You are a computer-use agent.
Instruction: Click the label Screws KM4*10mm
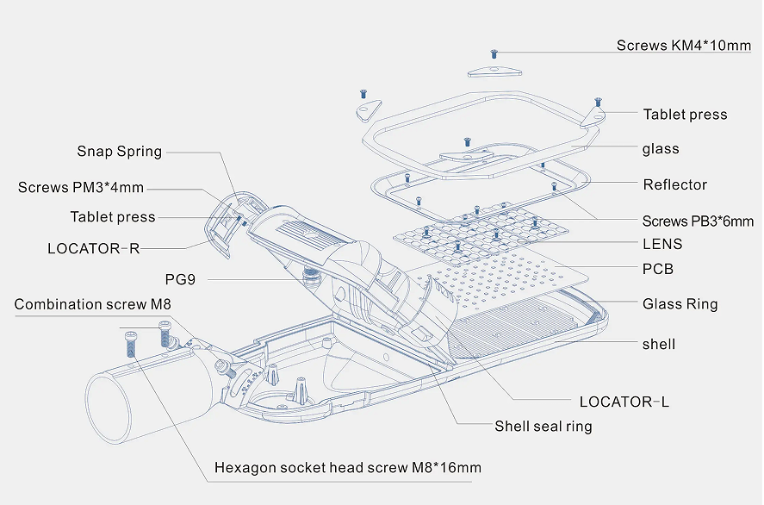point(683,45)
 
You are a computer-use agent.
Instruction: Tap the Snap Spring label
point(119,152)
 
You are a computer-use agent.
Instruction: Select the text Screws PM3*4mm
point(81,187)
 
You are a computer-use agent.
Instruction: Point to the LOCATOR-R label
point(93,249)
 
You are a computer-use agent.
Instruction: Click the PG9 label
point(180,279)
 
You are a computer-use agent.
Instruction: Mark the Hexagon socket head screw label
point(347,468)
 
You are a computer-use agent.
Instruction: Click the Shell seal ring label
point(543,426)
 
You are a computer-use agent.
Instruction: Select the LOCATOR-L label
point(624,402)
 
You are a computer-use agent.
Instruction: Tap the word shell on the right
point(659,345)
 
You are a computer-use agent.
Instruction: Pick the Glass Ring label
point(680,303)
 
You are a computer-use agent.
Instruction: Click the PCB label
point(658,269)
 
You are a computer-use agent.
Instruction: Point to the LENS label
point(662,244)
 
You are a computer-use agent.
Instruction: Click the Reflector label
point(674,184)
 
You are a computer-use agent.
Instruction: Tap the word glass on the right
point(661,149)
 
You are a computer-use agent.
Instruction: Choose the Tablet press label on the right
point(685,115)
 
